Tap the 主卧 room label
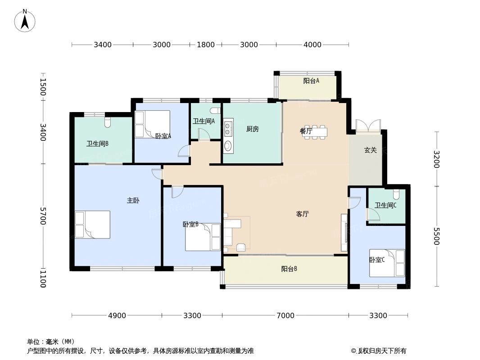[x=132, y=201]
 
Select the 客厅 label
[x=302, y=214]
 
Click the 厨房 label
[x=253, y=129]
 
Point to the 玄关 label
[x=370, y=150]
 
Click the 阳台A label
[x=311, y=81]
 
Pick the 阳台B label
[x=289, y=269]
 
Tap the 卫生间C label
[x=386, y=205]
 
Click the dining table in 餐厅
[x=315, y=132]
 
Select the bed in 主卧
[x=93, y=225]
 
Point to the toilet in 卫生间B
[x=107, y=121]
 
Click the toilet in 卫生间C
[x=396, y=194]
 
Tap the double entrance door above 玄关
[x=368, y=126]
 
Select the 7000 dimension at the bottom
[x=285, y=315]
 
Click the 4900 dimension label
[x=117, y=315]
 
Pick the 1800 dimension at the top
[x=206, y=45]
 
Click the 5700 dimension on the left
[x=43, y=216]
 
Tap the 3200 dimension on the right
[x=436, y=159]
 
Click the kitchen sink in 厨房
[x=228, y=146]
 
